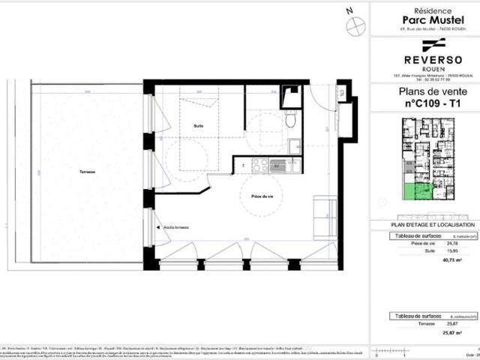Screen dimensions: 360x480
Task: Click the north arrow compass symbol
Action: [353, 22]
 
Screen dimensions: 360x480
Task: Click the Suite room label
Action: [198, 125]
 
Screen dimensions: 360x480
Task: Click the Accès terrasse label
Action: [177, 227]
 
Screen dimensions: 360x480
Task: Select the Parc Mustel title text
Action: [424, 19]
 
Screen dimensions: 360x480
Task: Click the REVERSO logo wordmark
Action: [424, 59]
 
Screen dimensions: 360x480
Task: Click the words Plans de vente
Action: [424, 93]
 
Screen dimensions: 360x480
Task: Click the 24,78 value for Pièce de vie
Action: [451, 244]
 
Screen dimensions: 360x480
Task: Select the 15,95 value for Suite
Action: [451, 251]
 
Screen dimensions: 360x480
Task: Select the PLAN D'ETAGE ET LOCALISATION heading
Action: [424, 225]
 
